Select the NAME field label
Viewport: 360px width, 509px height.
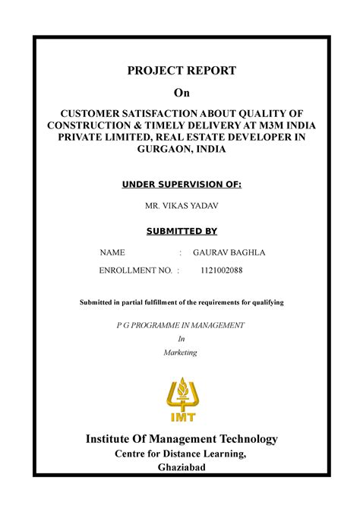click(x=113, y=252)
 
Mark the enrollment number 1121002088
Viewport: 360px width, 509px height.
click(x=222, y=270)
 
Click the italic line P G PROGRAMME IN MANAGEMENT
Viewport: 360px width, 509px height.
click(x=180, y=324)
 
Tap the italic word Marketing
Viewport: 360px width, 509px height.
click(x=180, y=353)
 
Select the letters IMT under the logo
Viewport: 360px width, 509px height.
click(x=181, y=416)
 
